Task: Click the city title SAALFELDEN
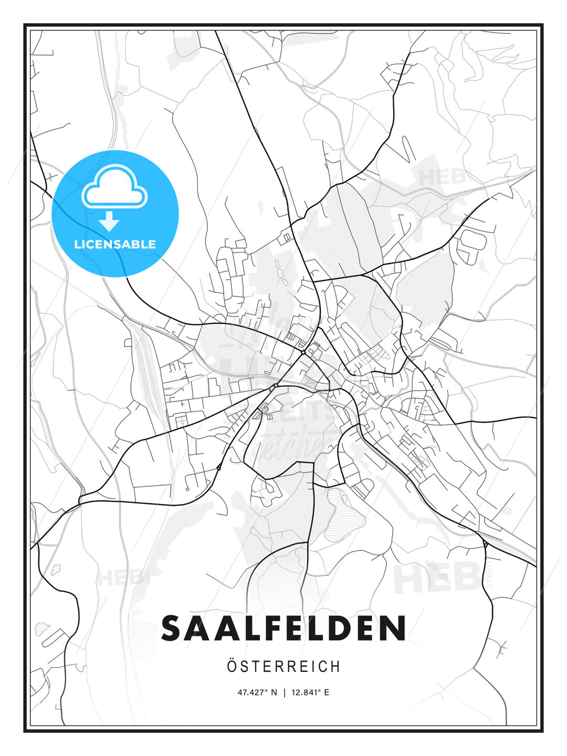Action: click(283, 628)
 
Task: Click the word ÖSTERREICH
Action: click(283, 666)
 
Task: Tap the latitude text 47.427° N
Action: click(257, 692)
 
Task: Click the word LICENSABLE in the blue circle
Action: click(115, 244)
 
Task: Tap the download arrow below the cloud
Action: click(110, 222)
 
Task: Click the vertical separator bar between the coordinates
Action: click(285, 692)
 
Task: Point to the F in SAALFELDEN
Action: click(277, 628)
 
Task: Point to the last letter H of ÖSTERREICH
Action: click(335, 666)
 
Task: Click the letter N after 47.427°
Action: click(273, 692)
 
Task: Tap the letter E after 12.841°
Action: click(326, 692)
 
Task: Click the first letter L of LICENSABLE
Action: click(77, 244)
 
